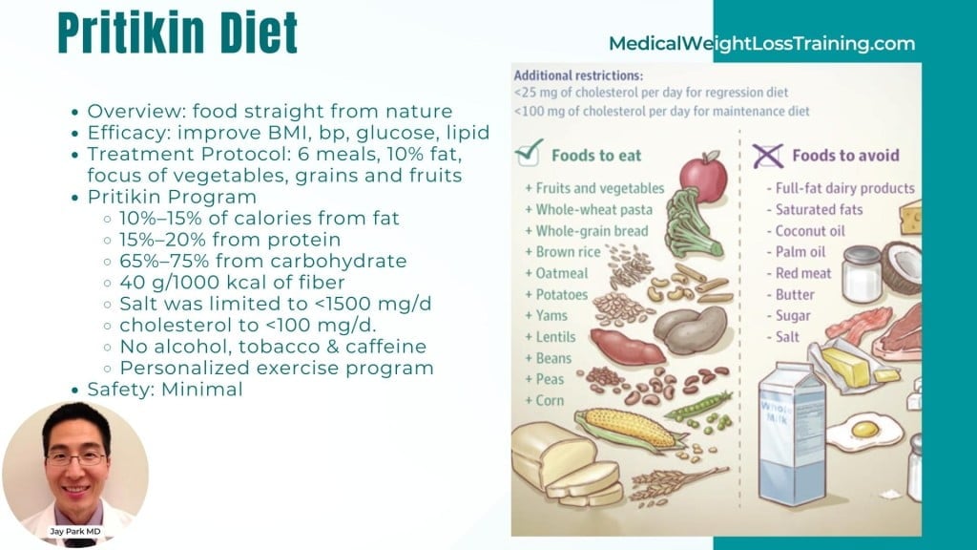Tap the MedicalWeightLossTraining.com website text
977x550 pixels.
(761, 44)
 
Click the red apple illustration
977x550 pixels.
(703, 177)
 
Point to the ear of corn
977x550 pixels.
(630, 429)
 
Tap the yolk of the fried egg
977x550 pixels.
(864, 429)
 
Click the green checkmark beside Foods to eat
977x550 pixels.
(529, 152)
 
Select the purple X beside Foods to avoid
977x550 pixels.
(767, 156)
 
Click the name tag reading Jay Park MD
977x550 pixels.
(75, 531)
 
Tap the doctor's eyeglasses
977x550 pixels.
(76, 459)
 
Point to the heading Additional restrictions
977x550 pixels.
(577, 75)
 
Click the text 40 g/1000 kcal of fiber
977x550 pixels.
(232, 283)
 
